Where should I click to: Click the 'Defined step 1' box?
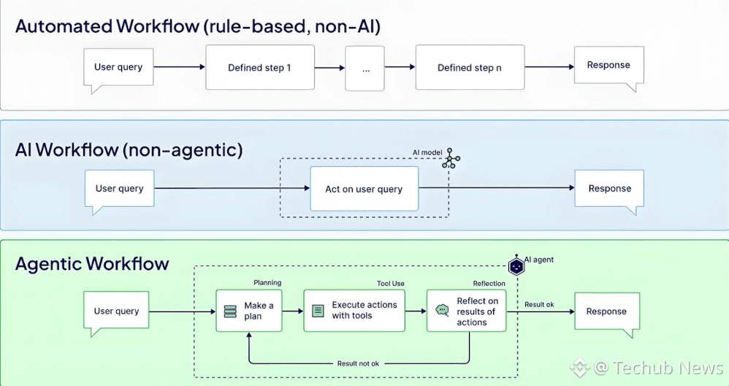click(260, 67)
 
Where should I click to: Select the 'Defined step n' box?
click(470, 67)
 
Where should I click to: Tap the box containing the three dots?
click(365, 69)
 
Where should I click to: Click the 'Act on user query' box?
click(364, 189)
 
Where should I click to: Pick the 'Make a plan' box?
click(249, 311)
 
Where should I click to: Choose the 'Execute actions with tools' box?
click(354, 311)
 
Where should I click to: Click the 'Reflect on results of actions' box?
click(466, 311)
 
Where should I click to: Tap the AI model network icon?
click(451, 158)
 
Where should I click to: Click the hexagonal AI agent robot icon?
click(516, 266)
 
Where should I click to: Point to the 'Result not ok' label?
click(358, 363)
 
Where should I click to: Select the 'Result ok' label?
click(539, 305)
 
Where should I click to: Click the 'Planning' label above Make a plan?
click(267, 283)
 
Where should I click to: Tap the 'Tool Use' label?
click(391, 283)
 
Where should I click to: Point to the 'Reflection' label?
click(489, 283)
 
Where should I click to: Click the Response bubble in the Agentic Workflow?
click(607, 312)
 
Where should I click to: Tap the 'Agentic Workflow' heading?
click(92, 264)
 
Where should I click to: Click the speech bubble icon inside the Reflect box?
click(442, 310)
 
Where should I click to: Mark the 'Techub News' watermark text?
click(668, 368)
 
